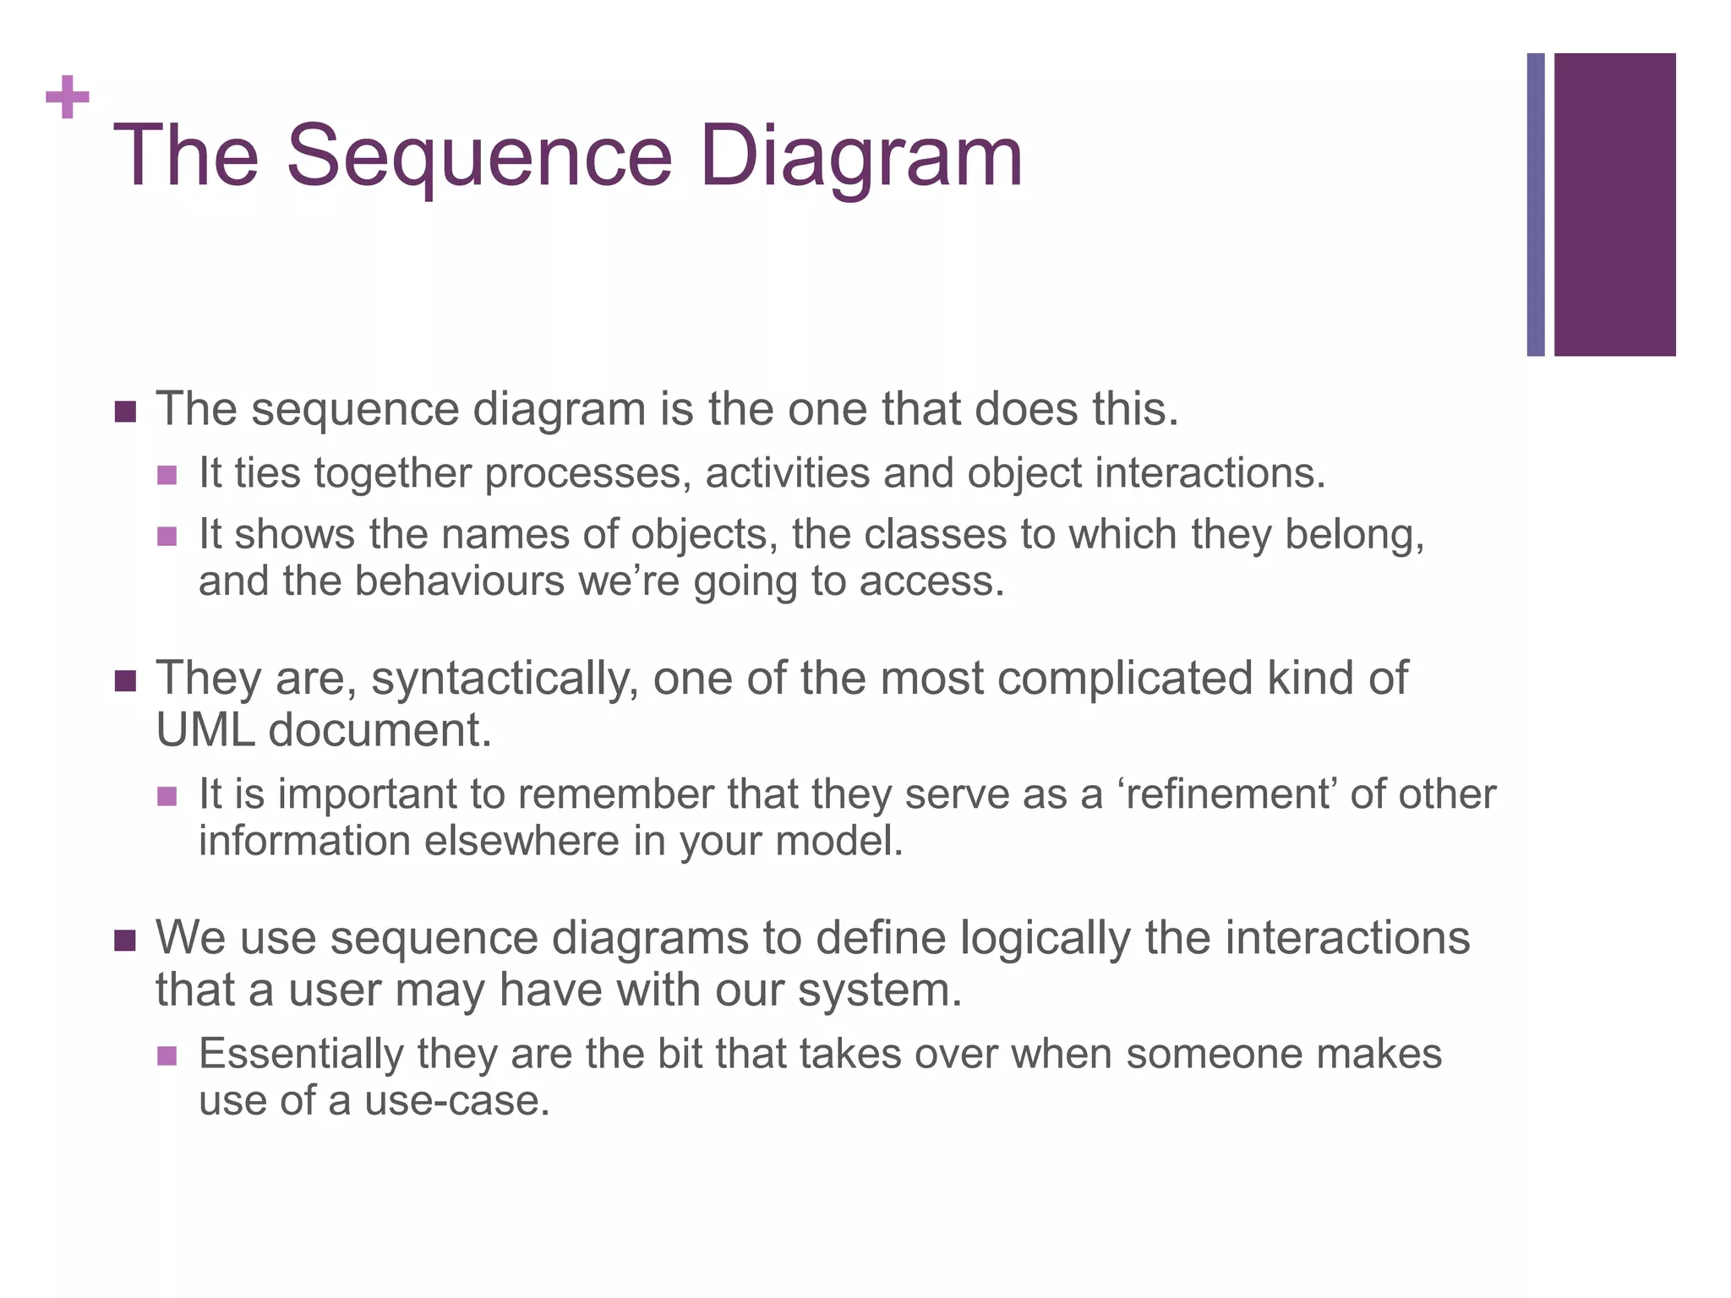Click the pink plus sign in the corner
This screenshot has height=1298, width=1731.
pyautogui.click(x=68, y=98)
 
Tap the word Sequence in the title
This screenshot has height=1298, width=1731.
pyautogui.click(x=478, y=156)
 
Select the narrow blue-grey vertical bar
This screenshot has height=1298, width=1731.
pyautogui.click(x=1535, y=205)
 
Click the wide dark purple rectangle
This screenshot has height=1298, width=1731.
pyautogui.click(x=1614, y=205)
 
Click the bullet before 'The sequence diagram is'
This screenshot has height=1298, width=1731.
pyautogui.click(x=125, y=412)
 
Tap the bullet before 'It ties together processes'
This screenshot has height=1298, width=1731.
pyautogui.click(x=167, y=475)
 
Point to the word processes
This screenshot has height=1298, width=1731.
pyautogui.click(x=582, y=473)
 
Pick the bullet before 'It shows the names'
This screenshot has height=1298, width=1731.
pyautogui.click(x=167, y=537)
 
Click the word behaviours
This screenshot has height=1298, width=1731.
pyautogui.click(x=459, y=581)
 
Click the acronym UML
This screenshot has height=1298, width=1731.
pyautogui.click(x=205, y=730)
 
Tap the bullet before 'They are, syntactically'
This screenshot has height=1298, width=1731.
pyautogui.click(x=125, y=681)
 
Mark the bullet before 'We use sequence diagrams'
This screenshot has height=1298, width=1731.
pyautogui.click(x=125, y=941)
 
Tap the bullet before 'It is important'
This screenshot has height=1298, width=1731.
pyautogui.click(x=167, y=796)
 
